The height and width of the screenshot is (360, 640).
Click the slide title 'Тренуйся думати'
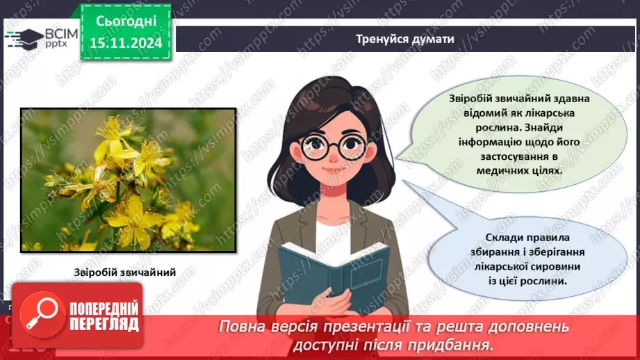404,39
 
